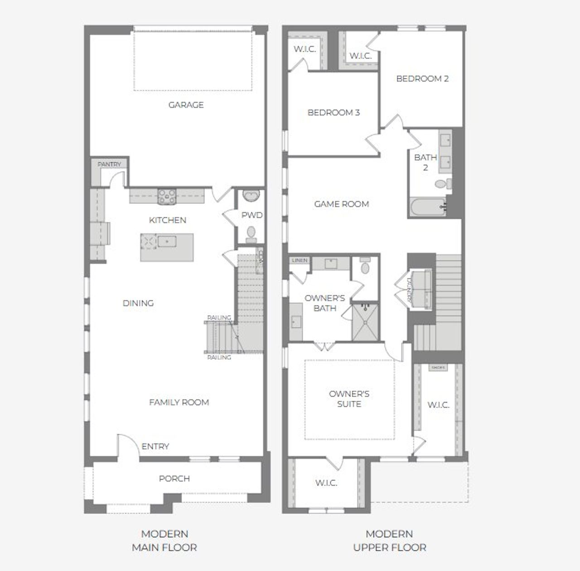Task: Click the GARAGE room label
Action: click(x=186, y=105)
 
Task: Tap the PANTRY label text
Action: click(x=109, y=164)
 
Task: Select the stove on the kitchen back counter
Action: click(x=167, y=196)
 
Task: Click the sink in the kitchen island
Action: click(x=167, y=241)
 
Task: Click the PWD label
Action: click(x=251, y=215)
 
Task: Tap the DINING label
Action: click(x=138, y=303)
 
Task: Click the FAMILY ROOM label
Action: click(x=179, y=402)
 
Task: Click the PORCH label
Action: click(x=174, y=479)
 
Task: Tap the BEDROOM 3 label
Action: click(x=333, y=112)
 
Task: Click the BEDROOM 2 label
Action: click(x=422, y=78)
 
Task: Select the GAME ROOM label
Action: click(x=342, y=204)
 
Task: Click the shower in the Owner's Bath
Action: click(x=365, y=321)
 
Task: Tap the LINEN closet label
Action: click(x=300, y=260)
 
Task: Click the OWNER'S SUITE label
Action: click(x=349, y=398)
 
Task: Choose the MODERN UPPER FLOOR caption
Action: click(x=389, y=541)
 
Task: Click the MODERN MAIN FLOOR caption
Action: click(x=164, y=541)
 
